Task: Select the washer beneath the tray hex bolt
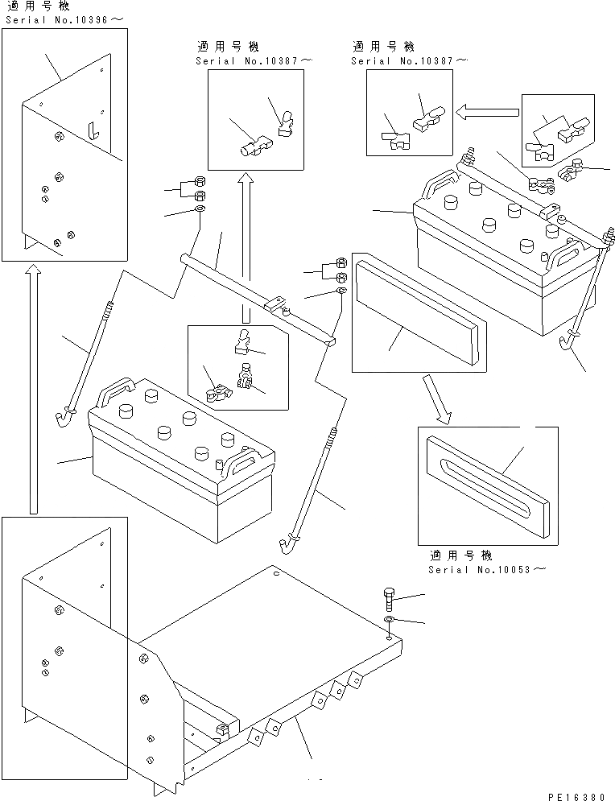click(389, 619)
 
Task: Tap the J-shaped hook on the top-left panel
click(93, 129)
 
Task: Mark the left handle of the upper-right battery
click(435, 187)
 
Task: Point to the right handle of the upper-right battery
click(560, 254)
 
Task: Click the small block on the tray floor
click(223, 729)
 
